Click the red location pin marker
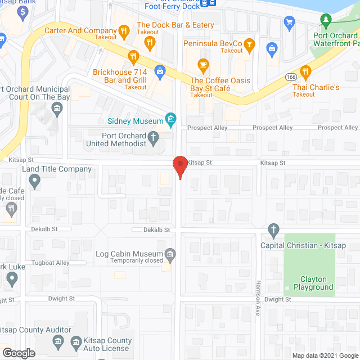coord(180,167)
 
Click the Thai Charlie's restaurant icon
coord(305,71)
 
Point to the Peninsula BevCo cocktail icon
coord(250,43)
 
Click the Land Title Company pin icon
coord(35,181)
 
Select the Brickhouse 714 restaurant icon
coord(133,56)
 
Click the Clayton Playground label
coord(309,283)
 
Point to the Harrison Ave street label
coord(258,298)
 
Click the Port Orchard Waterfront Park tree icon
coord(325,21)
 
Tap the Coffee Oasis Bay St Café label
coord(220,84)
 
